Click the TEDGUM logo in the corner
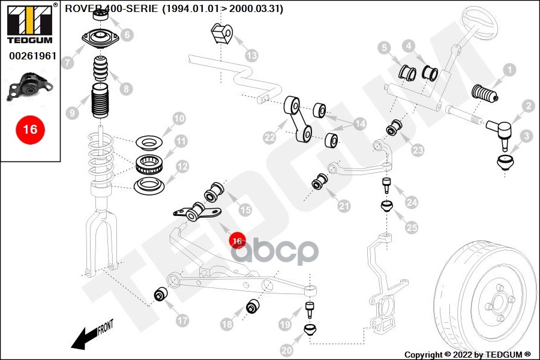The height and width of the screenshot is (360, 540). pyautogui.click(x=31, y=24)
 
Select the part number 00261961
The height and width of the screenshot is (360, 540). pyautogui.click(x=33, y=56)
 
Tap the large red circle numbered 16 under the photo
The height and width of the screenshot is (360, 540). pyautogui.click(x=31, y=130)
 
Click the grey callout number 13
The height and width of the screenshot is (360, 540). pyautogui.click(x=252, y=55)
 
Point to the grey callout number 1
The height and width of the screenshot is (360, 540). pyautogui.click(x=509, y=70)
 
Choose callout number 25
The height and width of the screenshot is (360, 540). pyautogui.click(x=412, y=227)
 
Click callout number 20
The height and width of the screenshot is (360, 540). pyautogui.click(x=287, y=350)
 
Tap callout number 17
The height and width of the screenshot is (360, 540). pyautogui.click(x=182, y=321)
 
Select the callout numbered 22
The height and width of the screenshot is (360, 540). pyautogui.click(x=269, y=138)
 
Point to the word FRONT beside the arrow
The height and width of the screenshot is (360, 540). pyautogui.click(x=106, y=327)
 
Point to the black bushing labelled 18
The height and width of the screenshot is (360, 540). pyautogui.click(x=253, y=306)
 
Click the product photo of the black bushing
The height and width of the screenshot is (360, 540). pyautogui.click(x=30, y=87)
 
